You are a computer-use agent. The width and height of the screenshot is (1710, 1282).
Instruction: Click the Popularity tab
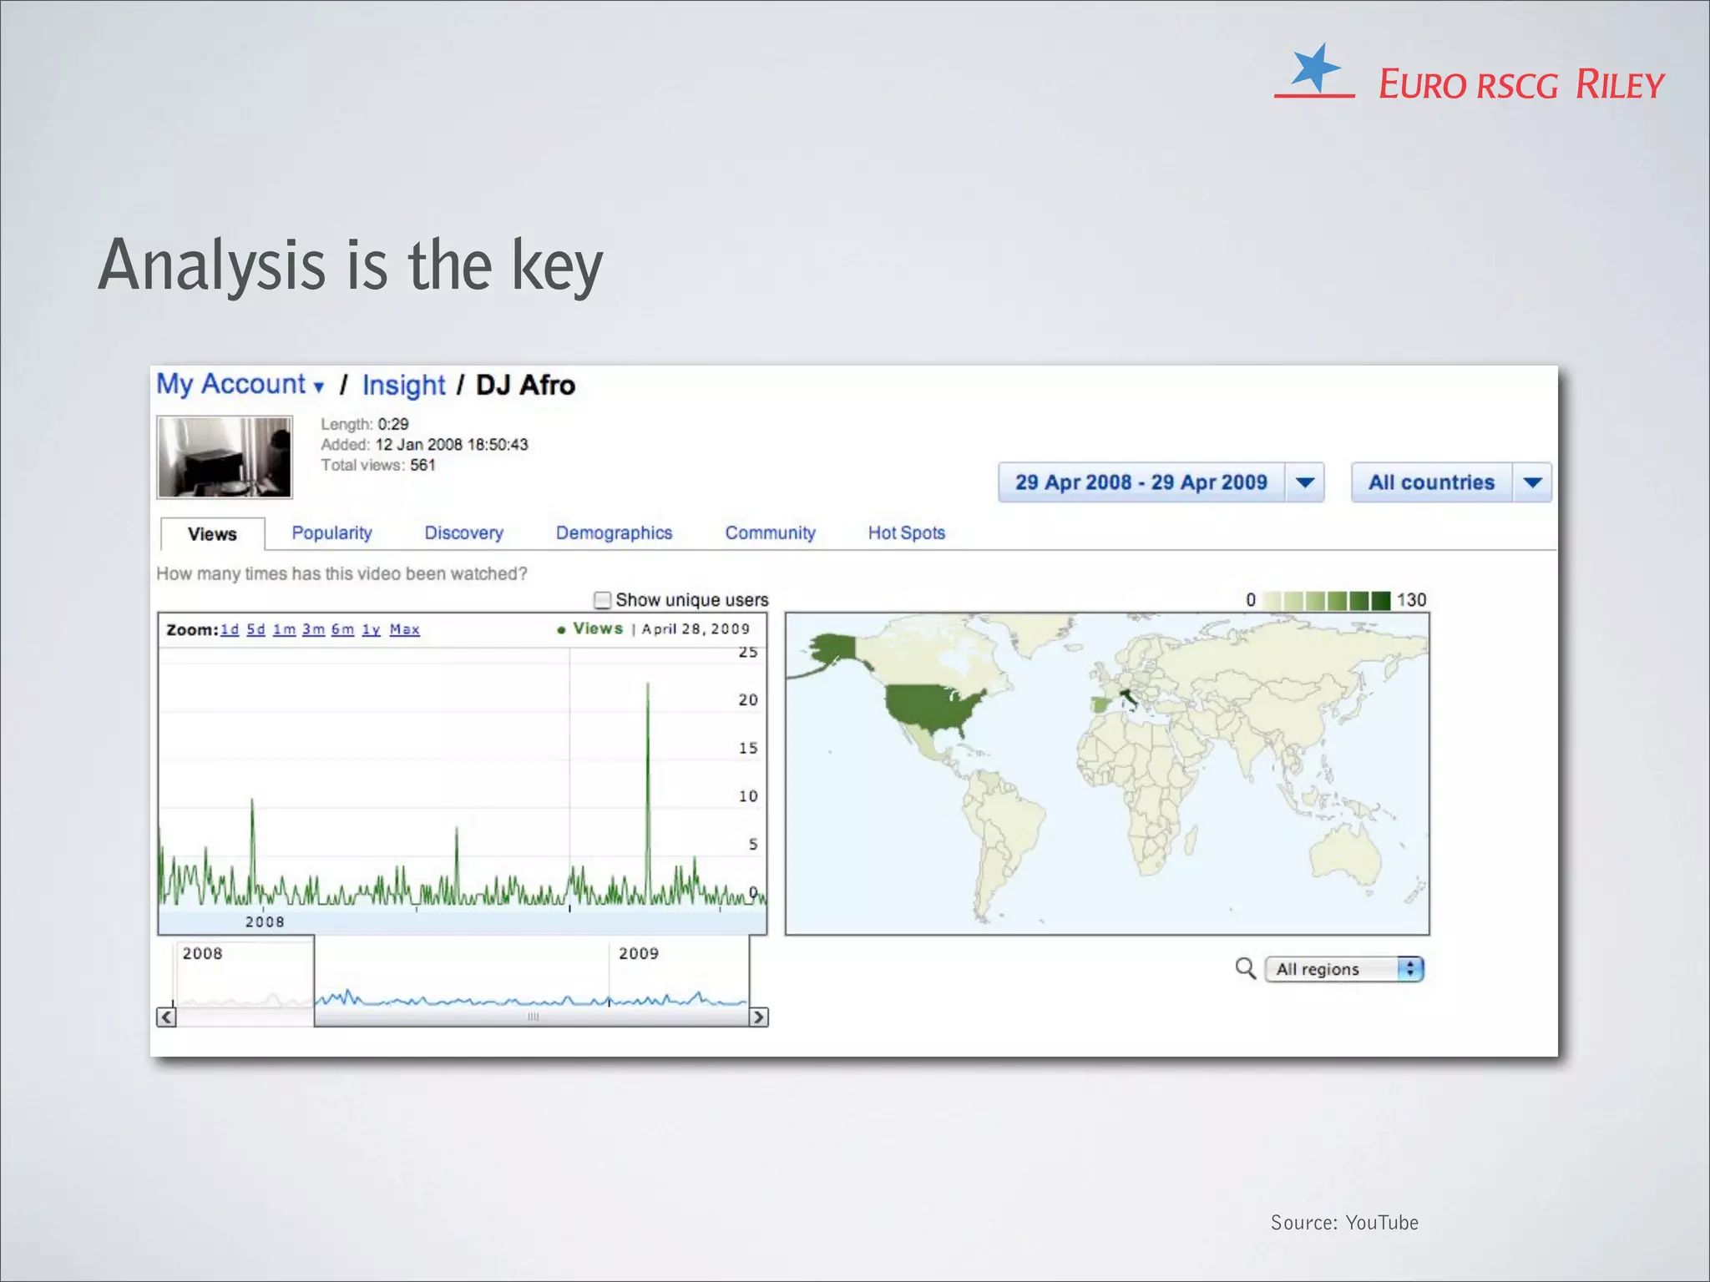tap(331, 533)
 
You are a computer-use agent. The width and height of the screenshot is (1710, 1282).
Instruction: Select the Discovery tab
tap(463, 533)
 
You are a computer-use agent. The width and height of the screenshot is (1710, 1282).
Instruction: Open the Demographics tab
tap(614, 533)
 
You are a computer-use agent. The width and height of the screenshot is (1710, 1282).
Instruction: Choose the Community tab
tap(770, 533)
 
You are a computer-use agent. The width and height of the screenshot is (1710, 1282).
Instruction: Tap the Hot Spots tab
tap(906, 533)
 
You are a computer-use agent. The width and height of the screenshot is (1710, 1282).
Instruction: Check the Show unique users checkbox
tap(602, 600)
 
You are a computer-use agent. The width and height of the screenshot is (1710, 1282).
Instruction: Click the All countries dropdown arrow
tap(1532, 482)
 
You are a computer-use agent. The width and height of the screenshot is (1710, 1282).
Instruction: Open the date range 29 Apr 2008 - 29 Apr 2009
tap(1141, 482)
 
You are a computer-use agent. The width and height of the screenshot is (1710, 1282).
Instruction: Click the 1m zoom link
tap(284, 629)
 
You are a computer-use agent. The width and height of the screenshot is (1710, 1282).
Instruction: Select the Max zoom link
tap(404, 629)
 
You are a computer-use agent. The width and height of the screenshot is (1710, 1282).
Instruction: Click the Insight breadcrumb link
tap(404, 386)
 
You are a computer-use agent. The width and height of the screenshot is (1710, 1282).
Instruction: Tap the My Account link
tap(231, 385)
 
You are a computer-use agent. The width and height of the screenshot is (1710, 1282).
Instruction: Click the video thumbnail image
tap(225, 457)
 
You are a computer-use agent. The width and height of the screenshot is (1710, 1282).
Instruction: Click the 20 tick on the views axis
tap(748, 699)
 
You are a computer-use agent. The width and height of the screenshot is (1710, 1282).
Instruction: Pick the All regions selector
tap(1343, 969)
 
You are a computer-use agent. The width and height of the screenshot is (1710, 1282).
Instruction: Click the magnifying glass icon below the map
tap(1245, 968)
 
